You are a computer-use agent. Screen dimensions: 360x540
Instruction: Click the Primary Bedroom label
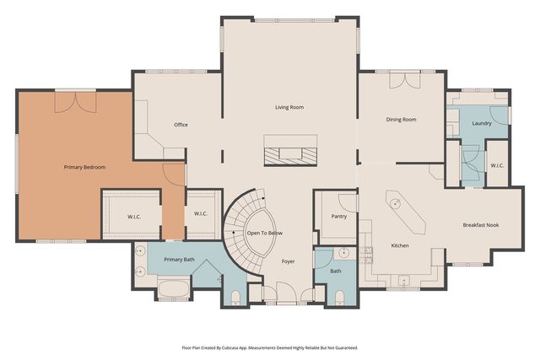tap(84, 167)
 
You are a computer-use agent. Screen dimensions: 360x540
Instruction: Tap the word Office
tap(181, 125)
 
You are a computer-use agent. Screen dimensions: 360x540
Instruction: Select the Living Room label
tap(289, 107)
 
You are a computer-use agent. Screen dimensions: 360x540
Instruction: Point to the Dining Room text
tap(401, 120)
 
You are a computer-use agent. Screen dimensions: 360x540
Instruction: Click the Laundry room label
tap(482, 124)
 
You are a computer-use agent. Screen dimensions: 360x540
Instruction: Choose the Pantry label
tap(328, 215)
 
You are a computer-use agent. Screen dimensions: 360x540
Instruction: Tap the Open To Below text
tap(265, 232)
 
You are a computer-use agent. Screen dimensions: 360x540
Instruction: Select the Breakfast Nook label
tap(483, 225)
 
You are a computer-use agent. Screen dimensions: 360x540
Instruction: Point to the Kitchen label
tap(400, 245)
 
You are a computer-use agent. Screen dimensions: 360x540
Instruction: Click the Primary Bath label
tap(179, 260)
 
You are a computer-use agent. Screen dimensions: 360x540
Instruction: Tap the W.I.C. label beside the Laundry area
tap(497, 165)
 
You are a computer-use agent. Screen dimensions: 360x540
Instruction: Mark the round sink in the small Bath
tap(344, 252)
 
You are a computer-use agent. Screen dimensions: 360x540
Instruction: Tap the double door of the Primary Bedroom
tap(69, 102)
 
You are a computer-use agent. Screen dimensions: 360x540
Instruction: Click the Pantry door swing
tap(347, 201)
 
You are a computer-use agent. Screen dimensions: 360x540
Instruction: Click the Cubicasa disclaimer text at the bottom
tap(269, 347)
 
